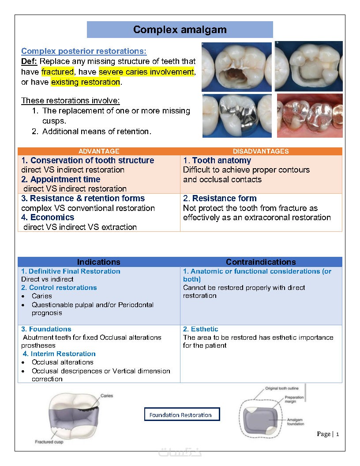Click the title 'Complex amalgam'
point(180,30)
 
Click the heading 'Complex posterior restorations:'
point(84,51)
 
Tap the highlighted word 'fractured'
point(57,71)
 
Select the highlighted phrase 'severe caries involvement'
point(146,71)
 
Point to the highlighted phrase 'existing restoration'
point(86,82)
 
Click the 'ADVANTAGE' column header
point(99,151)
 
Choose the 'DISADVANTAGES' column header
point(261,151)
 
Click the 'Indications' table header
point(99,262)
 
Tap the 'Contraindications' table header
point(261,262)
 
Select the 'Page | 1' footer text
point(328,434)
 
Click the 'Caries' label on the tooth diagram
point(107,396)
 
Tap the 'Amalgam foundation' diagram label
point(295,421)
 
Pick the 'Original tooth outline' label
point(281,388)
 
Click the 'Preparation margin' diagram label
point(294,399)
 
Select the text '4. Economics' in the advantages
point(48,218)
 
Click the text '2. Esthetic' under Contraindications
point(201,329)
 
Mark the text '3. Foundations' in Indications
point(46,329)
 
